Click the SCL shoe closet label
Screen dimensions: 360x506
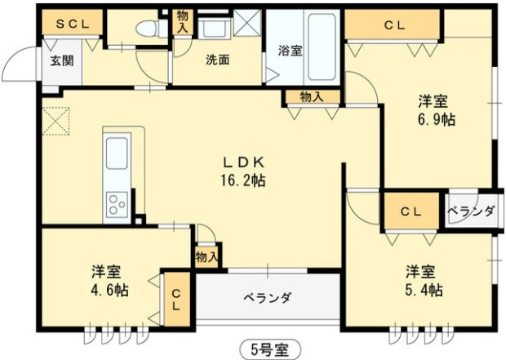[72, 24]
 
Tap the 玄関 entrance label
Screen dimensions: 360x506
[62, 60]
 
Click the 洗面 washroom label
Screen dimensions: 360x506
[216, 60]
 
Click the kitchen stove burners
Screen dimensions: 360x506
[116, 202]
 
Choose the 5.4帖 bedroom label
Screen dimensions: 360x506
[424, 280]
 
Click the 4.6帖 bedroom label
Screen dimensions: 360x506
[109, 280]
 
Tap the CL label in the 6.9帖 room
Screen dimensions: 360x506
[394, 25]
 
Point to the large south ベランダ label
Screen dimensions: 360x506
[267, 297]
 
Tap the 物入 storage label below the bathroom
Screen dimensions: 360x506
[311, 96]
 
